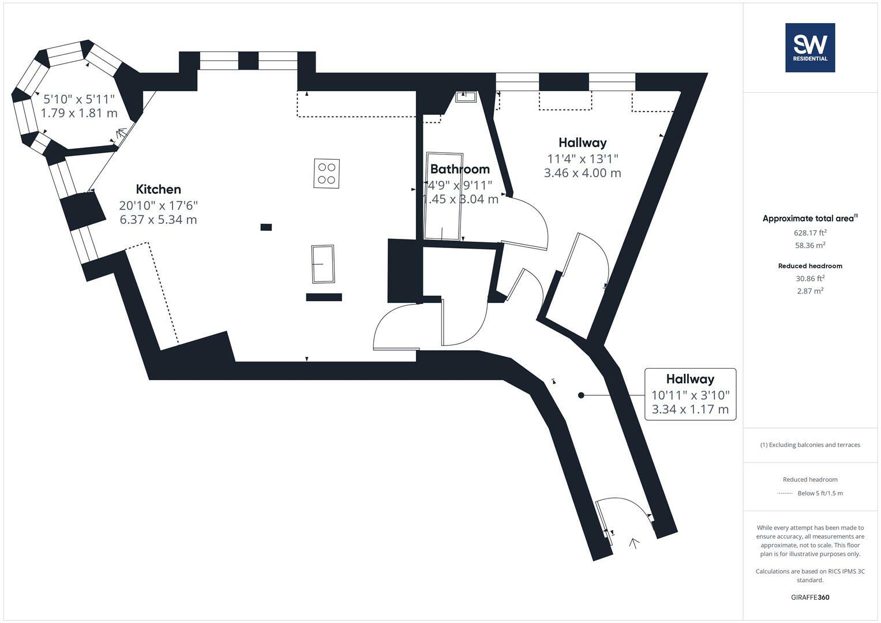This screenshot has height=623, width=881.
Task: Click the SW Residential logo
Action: tap(810, 47)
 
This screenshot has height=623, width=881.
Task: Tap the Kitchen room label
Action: tap(158, 189)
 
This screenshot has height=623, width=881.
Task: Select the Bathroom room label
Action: tap(460, 169)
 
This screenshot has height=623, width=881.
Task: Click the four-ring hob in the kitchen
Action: tap(327, 173)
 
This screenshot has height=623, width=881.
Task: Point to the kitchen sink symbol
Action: tap(323, 264)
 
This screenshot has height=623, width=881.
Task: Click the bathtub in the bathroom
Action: tap(444, 196)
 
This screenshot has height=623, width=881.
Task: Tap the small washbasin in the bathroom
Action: tap(466, 96)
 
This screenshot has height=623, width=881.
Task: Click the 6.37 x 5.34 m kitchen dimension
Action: tap(158, 220)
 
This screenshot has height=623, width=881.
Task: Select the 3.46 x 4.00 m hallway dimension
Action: tap(582, 173)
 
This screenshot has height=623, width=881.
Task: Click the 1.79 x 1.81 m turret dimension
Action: tap(79, 113)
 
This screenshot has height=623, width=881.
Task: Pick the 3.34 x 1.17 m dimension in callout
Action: tap(690, 410)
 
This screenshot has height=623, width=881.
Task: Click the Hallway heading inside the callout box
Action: tap(690, 379)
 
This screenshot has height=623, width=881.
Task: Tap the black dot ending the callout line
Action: tap(581, 395)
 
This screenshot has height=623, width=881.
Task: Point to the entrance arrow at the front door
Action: tap(634, 543)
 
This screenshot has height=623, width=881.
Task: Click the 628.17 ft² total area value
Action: tap(810, 233)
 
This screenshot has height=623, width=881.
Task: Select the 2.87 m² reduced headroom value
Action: tap(810, 291)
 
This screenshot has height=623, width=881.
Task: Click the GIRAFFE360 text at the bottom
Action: tap(810, 598)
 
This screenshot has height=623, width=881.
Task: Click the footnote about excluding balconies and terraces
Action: tap(810, 445)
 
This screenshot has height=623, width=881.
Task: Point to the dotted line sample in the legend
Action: tap(785, 493)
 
